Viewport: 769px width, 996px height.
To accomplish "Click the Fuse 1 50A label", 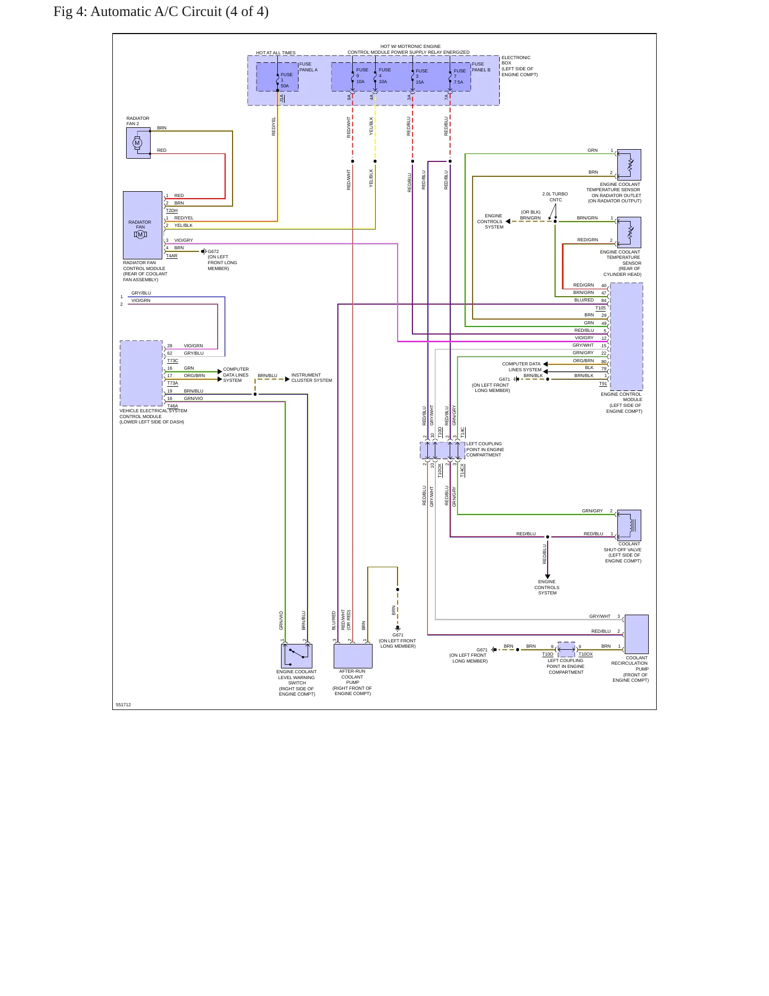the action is point(286,80).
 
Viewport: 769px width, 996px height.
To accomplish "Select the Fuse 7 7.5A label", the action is point(459,76).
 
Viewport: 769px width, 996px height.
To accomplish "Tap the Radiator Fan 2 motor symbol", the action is point(138,143).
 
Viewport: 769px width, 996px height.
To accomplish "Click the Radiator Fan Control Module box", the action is point(143,225).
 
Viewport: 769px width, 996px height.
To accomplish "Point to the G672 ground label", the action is point(213,251).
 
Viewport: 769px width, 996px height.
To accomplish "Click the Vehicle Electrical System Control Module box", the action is point(141,373).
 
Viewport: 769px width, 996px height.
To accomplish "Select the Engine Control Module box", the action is point(626,337).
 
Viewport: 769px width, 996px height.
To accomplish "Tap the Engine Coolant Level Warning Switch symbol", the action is point(296,656).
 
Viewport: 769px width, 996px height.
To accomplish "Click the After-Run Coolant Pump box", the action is point(353,656).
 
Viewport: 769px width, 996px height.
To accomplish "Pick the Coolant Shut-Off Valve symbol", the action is point(629,525).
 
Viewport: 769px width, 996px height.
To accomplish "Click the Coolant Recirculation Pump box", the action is point(636,634).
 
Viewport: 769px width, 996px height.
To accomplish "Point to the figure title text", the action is point(161,12).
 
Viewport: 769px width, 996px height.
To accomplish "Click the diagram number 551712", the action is point(123,705).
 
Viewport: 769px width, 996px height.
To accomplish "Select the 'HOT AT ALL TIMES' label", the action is point(276,53).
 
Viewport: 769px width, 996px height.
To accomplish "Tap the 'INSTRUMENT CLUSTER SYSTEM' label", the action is point(311,378).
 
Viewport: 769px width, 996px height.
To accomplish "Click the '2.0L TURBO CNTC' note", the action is point(555,197).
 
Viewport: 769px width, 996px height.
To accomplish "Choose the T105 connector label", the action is point(600,308).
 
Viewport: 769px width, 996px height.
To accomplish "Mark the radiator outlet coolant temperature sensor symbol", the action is point(629,165).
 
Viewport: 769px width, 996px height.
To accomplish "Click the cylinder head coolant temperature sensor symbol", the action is point(629,232).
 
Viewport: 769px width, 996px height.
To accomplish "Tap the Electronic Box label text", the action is point(519,66).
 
